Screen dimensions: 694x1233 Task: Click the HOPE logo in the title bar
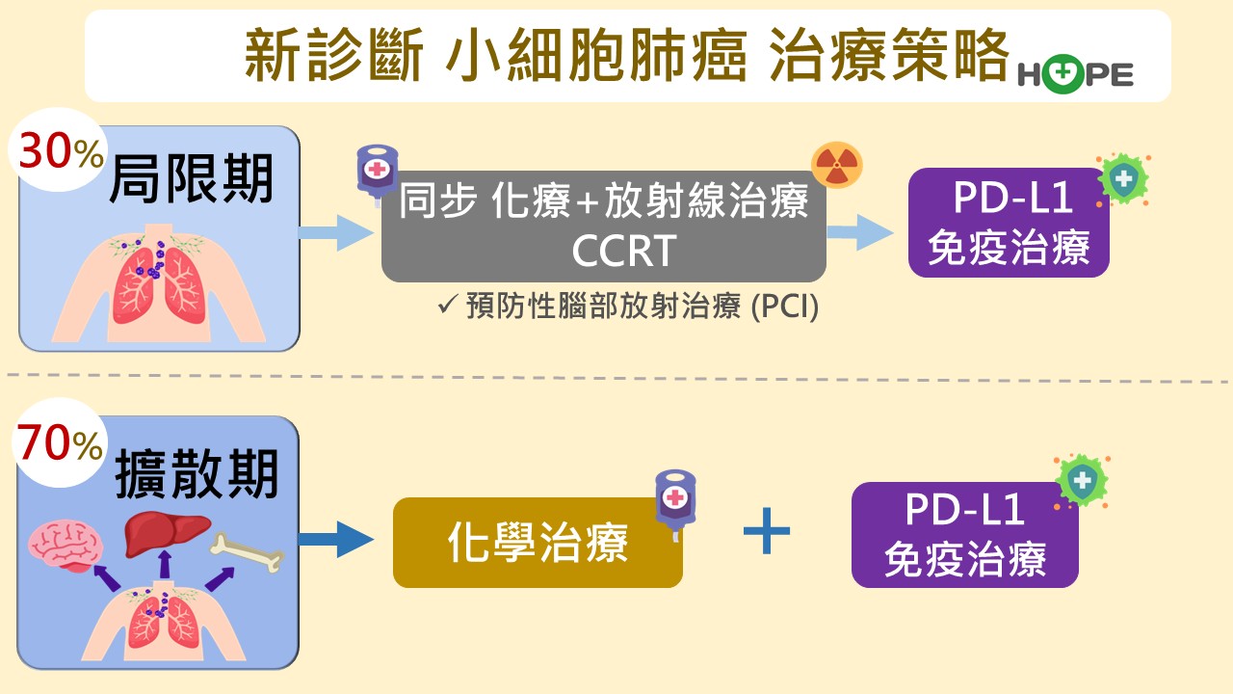1075,73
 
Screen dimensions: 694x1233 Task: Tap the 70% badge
59,445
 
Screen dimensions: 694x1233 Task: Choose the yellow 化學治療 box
537,542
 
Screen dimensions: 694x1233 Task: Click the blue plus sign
768,532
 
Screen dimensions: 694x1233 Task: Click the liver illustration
167,529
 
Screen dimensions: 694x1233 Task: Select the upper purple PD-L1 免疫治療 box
1009,223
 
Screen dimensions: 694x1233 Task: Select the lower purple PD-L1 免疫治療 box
964,535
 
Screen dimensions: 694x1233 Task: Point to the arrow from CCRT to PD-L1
859,232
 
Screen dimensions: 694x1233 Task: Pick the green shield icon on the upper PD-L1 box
1122,179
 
